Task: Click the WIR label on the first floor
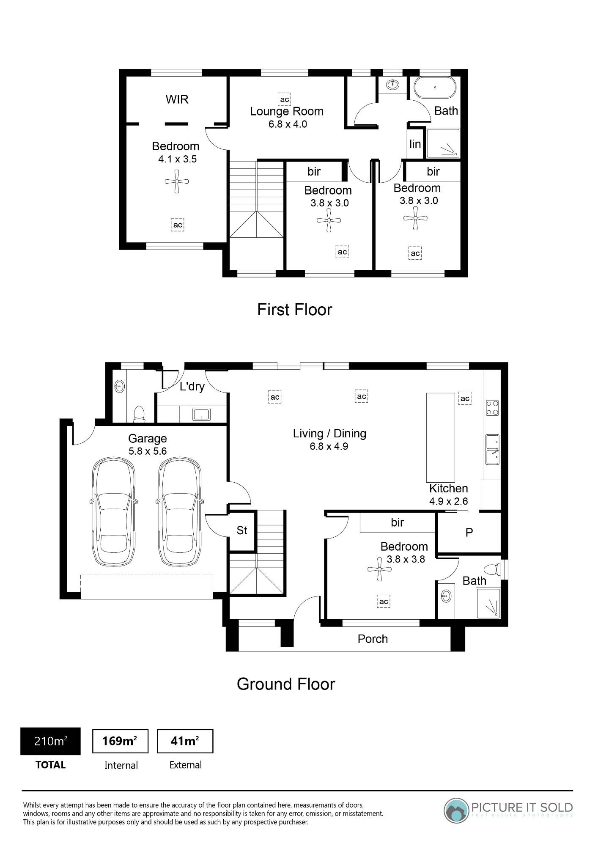pyautogui.click(x=177, y=99)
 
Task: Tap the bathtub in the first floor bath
pyautogui.click(x=435, y=88)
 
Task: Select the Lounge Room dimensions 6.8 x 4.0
pyautogui.click(x=288, y=124)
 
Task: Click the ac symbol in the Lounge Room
pyautogui.click(x=285, y=99)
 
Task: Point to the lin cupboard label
pyautogui.click(x=415, y=144)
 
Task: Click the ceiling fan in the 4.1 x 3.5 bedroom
pyautogui.click(x=177, y=181)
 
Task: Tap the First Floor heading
pyautogui.click(x=295, y=310)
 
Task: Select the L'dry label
pyautogui.click(x=192, y=387)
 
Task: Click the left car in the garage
pyautogui.click(x=114, y=511)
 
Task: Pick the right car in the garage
pyautogui.click(x=180, y=511)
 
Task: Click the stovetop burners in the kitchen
pyautogui.click(x=492, y=408)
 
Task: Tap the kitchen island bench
pyautogui.click(x=440, y=438)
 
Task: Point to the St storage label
pyautogui.click(x=242, y=530)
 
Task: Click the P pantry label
pyautogui.click(x=469, y=533)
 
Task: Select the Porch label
pyautogui.click(x=373, y=639)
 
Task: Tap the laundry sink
pyautogui.click(x=201, y=414)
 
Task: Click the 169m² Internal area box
pyautogui.click(x=120, y=741)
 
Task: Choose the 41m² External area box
pyautogui.click(x=185, y=741)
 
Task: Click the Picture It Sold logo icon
pyautogui.click(x=456, y=810)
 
